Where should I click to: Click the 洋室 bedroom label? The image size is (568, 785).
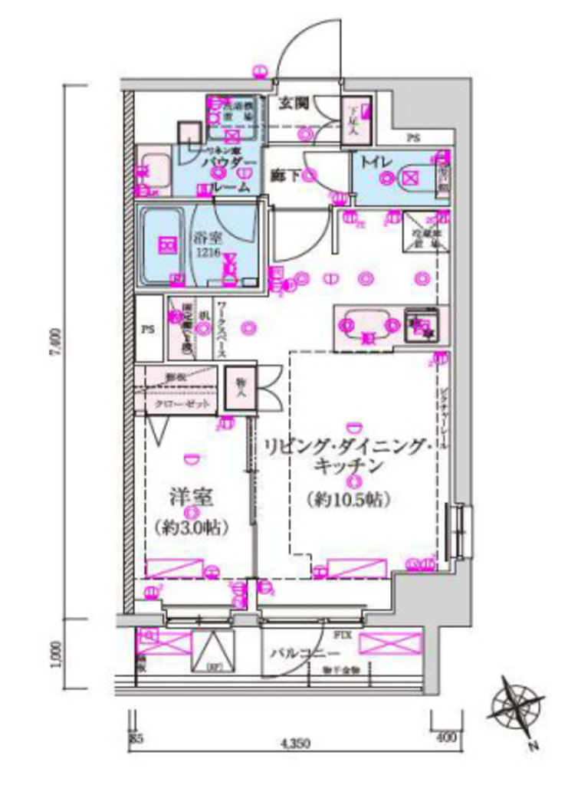pyautogui.click(x=191, y=495)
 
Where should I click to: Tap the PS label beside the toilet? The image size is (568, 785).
pyautogui.click(x=414, y=139)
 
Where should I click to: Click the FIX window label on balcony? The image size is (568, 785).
pyautogui.click(x=342, y=635)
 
